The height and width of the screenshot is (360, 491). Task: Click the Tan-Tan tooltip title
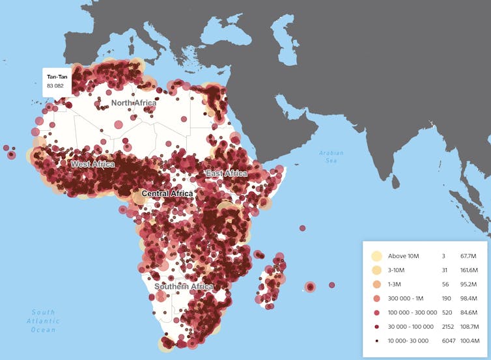coord(57,77)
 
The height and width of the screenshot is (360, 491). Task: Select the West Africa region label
coord(92,164)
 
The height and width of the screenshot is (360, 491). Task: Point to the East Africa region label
coord(226,174)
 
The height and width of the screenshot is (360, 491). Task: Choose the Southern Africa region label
coord(184,286)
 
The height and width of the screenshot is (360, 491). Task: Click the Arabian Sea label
coord(331,156)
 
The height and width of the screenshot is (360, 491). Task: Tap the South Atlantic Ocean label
coord(43,321)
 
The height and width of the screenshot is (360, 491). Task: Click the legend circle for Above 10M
coord(375,255)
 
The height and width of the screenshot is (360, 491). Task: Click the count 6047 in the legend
coord(447,340)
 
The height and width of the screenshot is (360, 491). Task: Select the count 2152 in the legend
coord(447,326)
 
